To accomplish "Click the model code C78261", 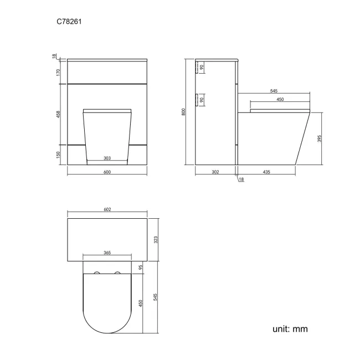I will click(x=70, y=22).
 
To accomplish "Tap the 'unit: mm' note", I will click(x=290, y=329).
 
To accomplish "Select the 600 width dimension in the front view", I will click(x=107, y=172).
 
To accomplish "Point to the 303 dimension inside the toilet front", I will click(x=107, y=158).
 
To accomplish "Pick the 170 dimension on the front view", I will click(x=59, y=72).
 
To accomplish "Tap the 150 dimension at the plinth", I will click(x=59, y=155).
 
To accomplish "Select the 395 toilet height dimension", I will click(x=320, y=138).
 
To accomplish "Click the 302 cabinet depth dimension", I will click(x=215, y=172).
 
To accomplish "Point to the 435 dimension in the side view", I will click(x=266, y=172).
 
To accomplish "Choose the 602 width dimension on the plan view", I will click(x=107, y=209).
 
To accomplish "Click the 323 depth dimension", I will click(x=156, y=239).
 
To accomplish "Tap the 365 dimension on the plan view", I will click(x=107, y=253).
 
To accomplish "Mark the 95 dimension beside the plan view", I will click(x=142, y=267).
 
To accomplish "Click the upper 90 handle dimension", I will click(x=202, y=68).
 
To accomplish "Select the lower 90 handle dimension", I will click(x=202, y=100).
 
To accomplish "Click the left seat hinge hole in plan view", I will click(x=97, y=274).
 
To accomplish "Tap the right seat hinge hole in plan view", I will click(x=117, y=274).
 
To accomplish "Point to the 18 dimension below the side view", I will click(x=241, y=179).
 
